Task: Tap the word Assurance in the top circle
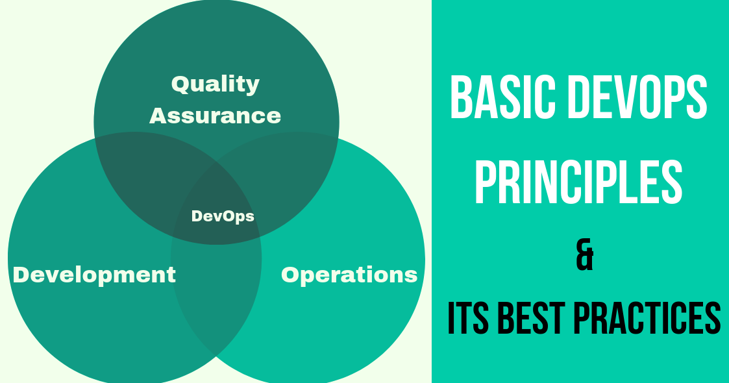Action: (215, 116)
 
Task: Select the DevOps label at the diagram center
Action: (223, 216)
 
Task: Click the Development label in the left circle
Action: (94, 275)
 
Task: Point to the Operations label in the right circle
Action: (349, 275)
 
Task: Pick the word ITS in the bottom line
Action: (469, 317)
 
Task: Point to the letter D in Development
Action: (21, 275)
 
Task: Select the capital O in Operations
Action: (290, 275)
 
